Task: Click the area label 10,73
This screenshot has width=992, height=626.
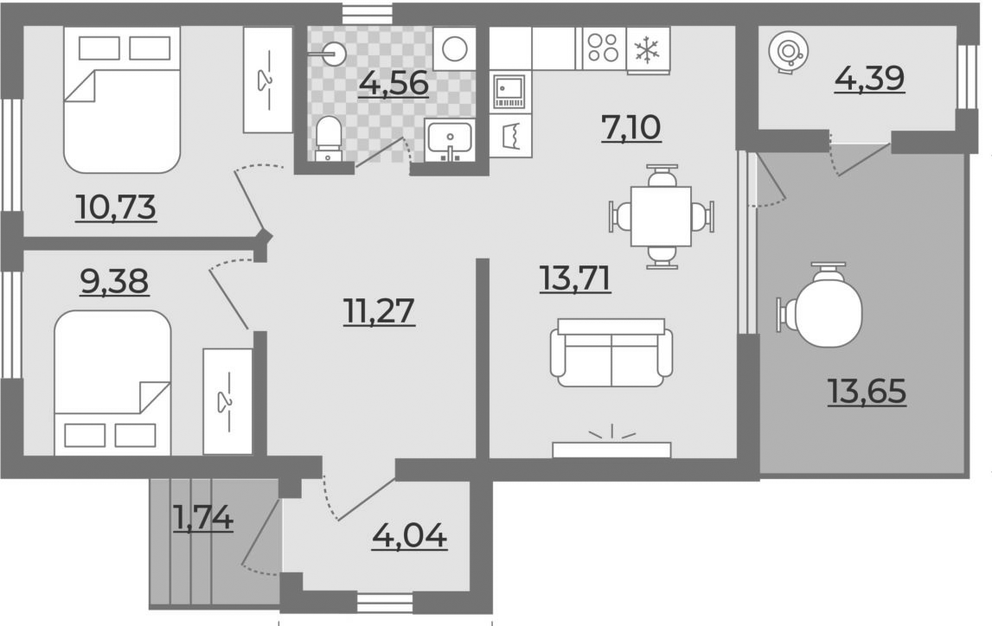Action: coord(116,208)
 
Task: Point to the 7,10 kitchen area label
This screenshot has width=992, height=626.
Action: coord(631,128)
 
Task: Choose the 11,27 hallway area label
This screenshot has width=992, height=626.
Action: coord(380,310)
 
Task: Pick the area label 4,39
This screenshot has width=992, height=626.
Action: coord(869,79)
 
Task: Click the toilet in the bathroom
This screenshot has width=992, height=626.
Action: coord(328,139)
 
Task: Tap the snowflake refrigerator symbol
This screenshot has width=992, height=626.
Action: coord(648,49)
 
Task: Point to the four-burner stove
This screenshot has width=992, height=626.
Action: coord(604,48)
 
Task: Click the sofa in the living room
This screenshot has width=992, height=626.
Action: coord(611,352)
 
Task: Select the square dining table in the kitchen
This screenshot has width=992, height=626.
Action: coord(661,216)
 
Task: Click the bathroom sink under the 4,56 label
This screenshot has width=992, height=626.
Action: coord(449,141)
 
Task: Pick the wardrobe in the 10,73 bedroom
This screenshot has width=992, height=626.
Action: coord(268,80)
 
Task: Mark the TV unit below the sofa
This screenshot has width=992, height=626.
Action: coord(611,449)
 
